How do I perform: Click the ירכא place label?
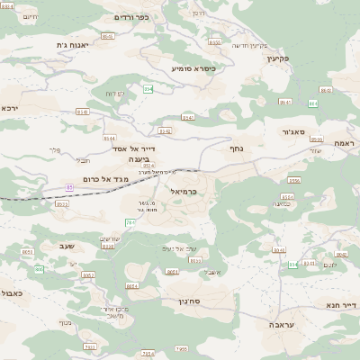pyautogui.click(x=10, y=108)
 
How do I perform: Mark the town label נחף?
pyautogui.click(x=237, y=148)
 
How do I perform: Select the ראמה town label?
pyautogui.click(x=345, y=143)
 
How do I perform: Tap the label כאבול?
pyautogui.click(x=12, y=293)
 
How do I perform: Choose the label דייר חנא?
pyautogui.click(x=343, y=305)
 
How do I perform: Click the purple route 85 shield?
pyautogui.click(x=69, y=187)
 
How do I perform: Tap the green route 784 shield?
pyautogui.click(x=130, y=222)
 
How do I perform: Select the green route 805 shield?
pyautogui.click(x=292, y=265)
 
